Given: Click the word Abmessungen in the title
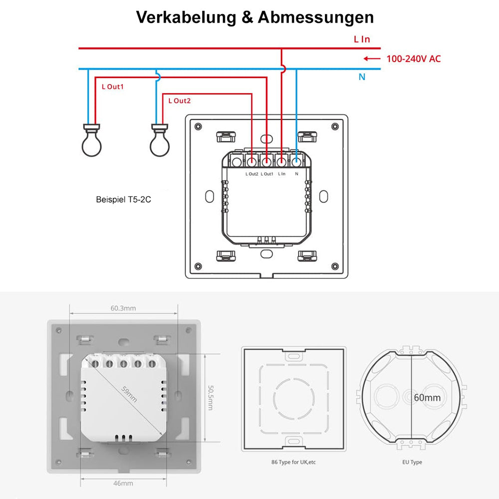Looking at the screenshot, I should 315,17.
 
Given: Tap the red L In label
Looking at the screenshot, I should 362,39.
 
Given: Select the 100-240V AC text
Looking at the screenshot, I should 414,59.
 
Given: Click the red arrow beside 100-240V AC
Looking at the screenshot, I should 372,59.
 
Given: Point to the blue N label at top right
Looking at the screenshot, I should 362,77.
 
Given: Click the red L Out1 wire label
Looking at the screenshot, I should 112,86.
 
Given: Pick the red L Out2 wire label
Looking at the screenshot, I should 180,101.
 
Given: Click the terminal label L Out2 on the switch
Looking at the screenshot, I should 252,174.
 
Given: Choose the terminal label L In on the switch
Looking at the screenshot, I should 282,174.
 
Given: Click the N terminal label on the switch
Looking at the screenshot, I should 297,174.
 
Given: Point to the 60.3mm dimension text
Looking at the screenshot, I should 123,308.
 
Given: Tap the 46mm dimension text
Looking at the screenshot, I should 123,483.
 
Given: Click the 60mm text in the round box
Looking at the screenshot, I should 427,397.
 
